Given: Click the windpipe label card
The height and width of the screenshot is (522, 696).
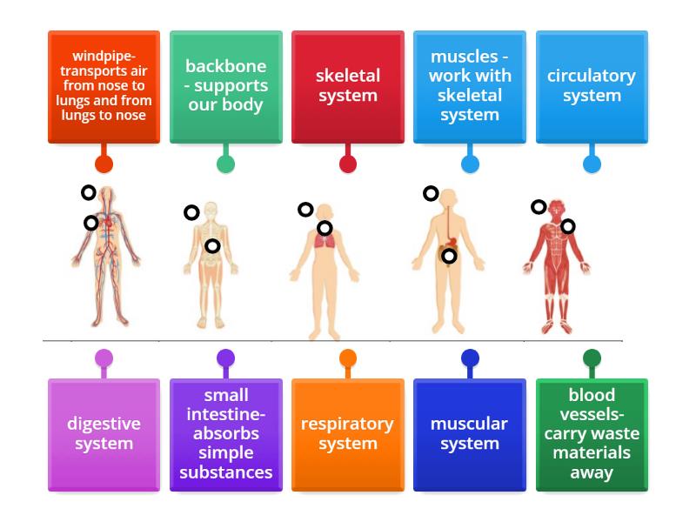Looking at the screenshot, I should [104, 87].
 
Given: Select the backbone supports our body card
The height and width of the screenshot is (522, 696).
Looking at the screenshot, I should [225, 87].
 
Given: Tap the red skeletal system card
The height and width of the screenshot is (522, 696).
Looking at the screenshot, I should [347, 87].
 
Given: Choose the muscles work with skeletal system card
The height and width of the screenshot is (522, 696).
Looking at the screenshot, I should [469, 87].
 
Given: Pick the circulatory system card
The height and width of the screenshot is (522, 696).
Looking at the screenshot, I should [592, 87].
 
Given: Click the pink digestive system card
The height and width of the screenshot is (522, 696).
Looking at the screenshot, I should [104, 434].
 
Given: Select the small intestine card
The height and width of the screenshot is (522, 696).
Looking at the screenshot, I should [225, 434].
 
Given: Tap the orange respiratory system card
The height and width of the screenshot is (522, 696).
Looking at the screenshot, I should [347, 434].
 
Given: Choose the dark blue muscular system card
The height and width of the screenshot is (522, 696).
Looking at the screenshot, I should [469, 434].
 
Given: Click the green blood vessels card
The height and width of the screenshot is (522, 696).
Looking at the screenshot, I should [592, 434].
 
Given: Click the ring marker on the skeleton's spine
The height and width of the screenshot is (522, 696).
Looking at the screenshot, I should [212, 246].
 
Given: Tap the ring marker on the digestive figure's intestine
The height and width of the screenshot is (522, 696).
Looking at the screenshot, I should [449, 256].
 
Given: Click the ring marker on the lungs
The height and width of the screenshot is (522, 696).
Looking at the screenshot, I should [325, 229].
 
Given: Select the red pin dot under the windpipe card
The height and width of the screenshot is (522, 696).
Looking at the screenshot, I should [104, 164].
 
